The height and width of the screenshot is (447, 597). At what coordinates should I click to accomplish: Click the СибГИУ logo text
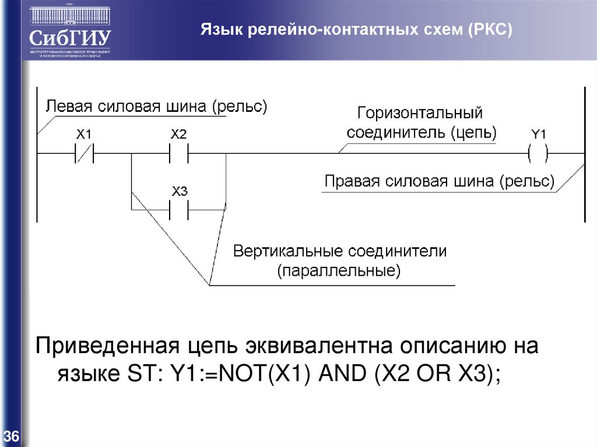(x=71, y=38)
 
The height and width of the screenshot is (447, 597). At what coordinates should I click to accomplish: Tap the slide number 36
(x=12, y=436)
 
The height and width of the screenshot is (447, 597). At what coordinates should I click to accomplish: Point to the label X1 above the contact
(x=84, y=135)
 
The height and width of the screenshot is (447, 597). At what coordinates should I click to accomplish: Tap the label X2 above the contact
(x=178, y=135)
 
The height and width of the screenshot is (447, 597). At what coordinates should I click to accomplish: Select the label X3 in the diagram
(x=179, y=191)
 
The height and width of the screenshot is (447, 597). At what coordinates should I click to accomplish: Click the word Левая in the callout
(x=69, y=107)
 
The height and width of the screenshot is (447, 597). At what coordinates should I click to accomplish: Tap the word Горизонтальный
(x=420, y=112)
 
